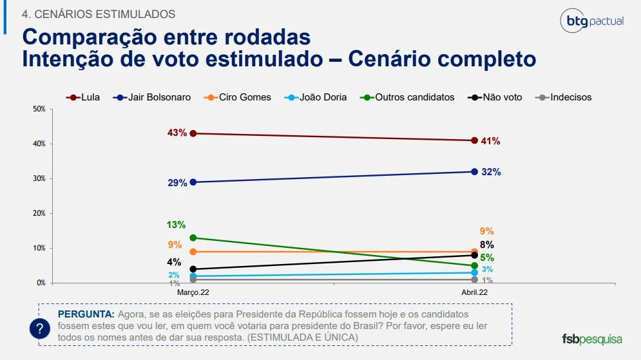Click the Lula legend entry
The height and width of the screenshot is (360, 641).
point(84,97)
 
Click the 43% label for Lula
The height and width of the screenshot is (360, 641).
point(177,133)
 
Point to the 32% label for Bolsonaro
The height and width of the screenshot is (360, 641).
point(492,172)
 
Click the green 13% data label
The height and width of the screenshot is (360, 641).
point(176,225)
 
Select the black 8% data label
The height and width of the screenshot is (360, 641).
point(486,245)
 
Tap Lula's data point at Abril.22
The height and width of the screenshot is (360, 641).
point(474,140)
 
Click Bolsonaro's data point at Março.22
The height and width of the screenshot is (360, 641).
point(194,182)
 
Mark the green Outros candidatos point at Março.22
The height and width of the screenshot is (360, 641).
point(194,238)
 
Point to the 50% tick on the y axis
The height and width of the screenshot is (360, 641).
point(39,109)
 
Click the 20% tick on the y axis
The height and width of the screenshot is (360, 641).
point(39,213)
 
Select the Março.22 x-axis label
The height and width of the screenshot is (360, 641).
point(194,292)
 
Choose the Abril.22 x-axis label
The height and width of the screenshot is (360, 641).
point(474,292)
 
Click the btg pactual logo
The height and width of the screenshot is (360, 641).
point(591,21)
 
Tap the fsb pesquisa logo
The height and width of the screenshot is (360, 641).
point(592,339)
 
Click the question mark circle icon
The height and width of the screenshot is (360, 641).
point(40,329)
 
